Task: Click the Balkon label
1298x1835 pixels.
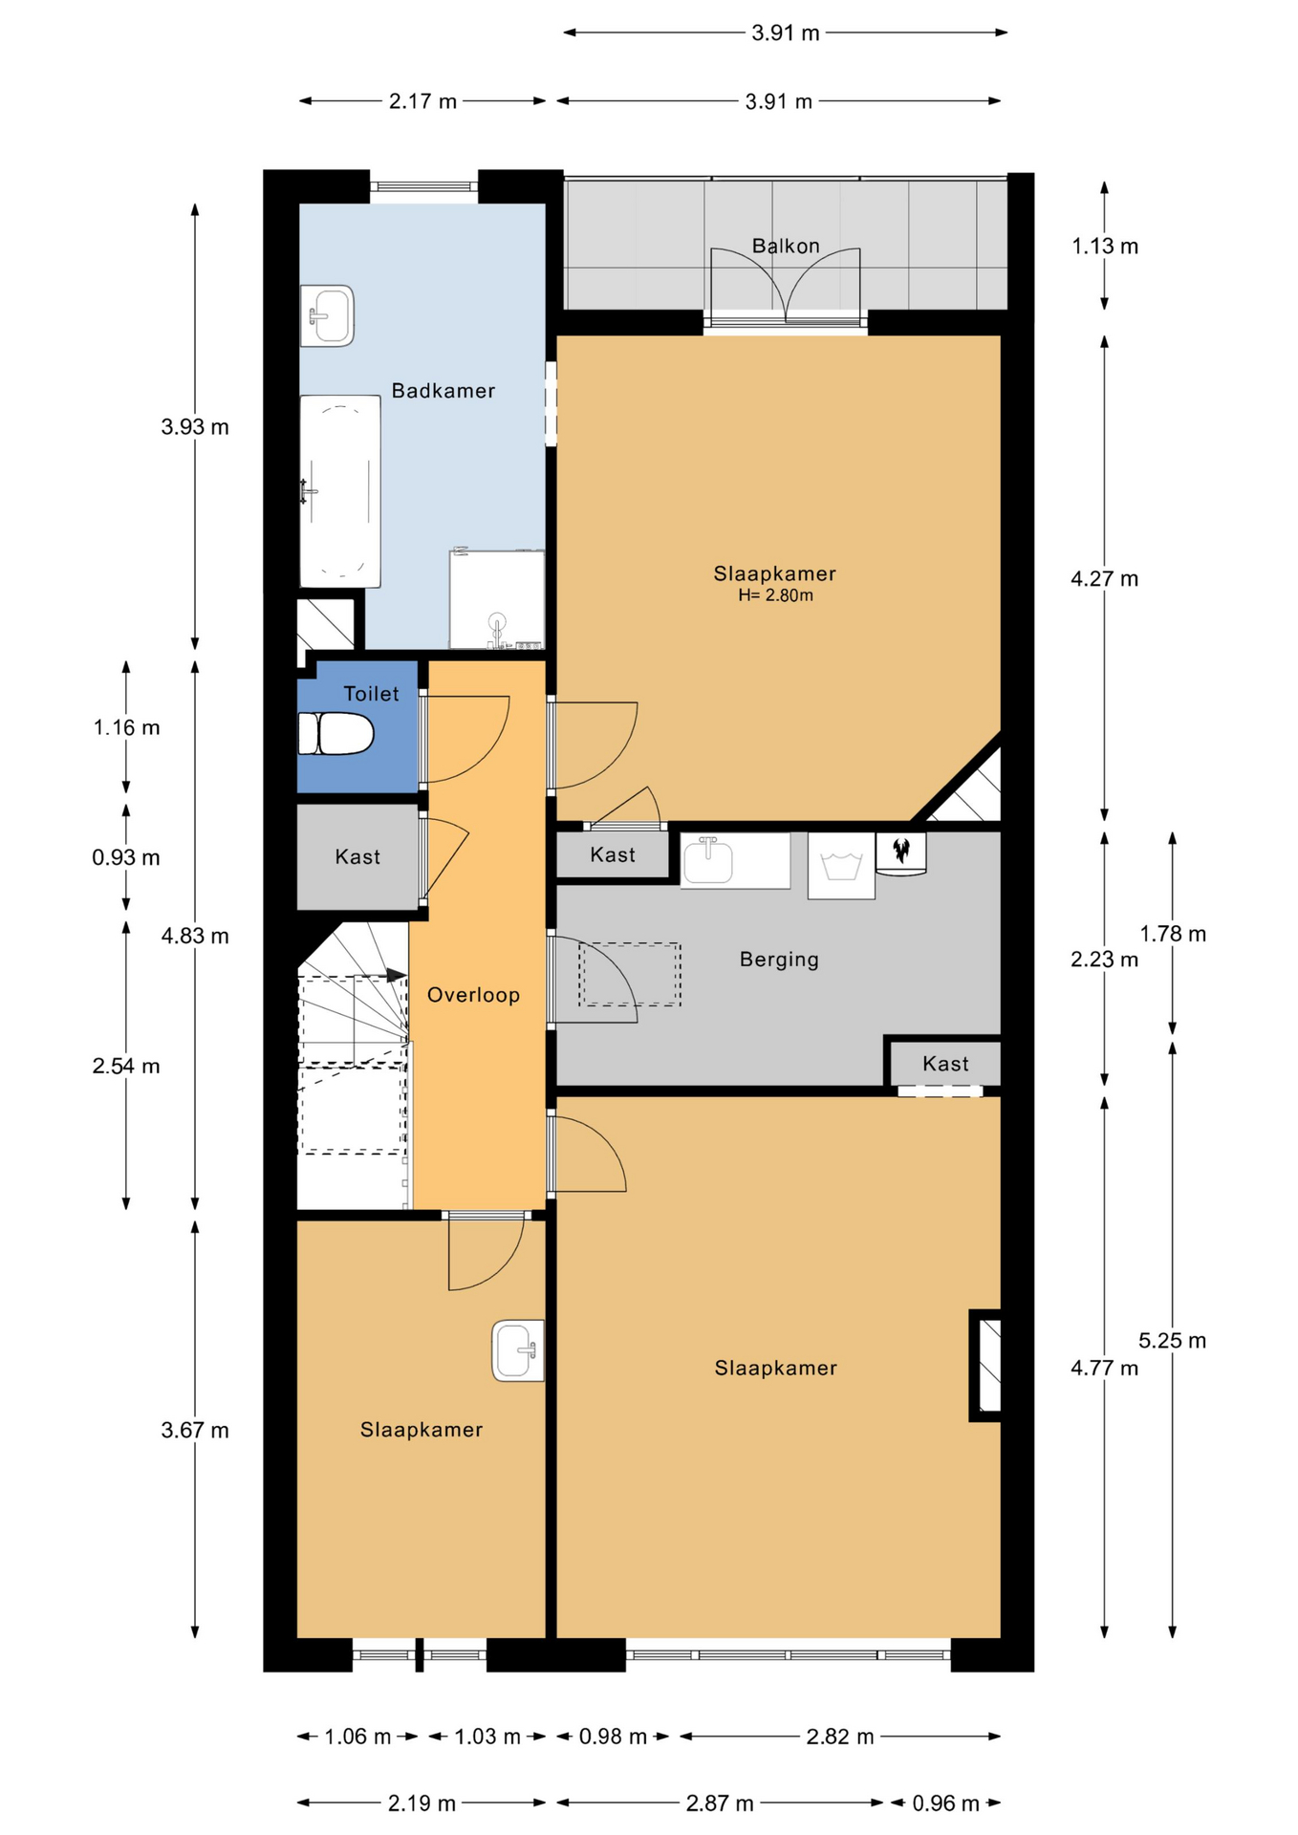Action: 786,246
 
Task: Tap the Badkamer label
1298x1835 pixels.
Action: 443,390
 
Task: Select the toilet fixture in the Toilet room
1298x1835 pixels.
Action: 335,734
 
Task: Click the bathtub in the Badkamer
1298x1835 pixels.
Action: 340,491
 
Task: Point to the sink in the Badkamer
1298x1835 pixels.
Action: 328,314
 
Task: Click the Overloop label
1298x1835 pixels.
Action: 473,995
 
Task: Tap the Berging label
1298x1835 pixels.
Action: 779,960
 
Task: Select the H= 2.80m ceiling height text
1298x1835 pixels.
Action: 775,595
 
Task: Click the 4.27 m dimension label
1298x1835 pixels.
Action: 1104,578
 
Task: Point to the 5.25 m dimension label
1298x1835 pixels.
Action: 1172,1341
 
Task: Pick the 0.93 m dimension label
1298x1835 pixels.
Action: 126,857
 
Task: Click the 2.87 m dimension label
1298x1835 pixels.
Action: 720,1803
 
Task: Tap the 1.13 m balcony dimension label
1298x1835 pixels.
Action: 1105,246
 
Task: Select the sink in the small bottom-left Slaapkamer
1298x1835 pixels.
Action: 518,1350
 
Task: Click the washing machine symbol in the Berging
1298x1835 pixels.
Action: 841,866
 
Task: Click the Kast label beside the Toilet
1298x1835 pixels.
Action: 357,857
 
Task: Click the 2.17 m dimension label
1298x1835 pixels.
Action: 422,101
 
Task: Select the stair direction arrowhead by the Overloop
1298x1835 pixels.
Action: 398,976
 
